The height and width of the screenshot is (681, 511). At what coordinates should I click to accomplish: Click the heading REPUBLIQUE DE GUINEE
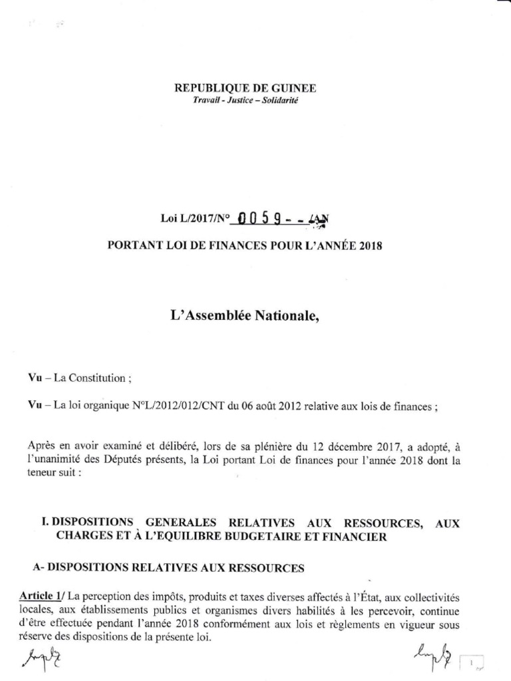[245, 88]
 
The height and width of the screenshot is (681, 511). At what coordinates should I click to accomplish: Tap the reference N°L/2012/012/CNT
[177, 407]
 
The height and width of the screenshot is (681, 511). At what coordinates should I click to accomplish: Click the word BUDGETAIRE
[259, 537]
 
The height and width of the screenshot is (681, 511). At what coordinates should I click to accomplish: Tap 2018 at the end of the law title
[371, 245]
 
